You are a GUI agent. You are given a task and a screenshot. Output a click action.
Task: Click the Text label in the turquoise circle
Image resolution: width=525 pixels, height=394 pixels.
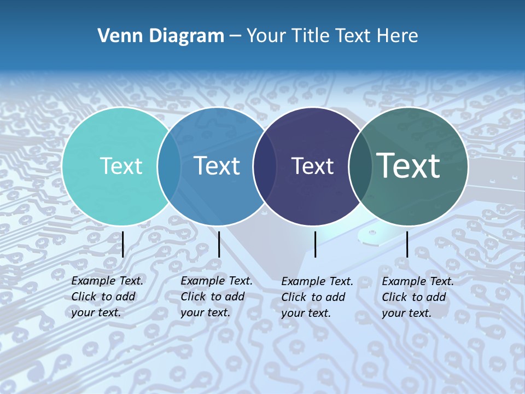click(121, 166)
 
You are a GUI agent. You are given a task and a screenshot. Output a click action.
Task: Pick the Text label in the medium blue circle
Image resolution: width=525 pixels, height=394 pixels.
click(217, 166)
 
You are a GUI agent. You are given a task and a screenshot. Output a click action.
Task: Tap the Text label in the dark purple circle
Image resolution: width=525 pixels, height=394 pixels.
click(312, 166)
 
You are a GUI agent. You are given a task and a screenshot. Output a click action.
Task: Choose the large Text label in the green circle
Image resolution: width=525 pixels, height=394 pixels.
click(409, 165)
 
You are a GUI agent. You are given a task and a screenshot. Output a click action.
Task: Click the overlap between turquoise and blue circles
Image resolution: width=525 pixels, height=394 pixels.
click(169, 166)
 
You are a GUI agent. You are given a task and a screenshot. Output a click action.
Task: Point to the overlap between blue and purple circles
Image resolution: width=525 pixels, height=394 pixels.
click(265, 166)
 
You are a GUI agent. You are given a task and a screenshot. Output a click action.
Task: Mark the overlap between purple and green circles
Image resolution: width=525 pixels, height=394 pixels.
click(360, 166)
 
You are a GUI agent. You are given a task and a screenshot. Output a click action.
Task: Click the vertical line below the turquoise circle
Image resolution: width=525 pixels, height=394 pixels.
click(123, 244)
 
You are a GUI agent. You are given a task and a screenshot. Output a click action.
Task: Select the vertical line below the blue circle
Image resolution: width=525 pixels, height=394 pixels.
click(219, 244)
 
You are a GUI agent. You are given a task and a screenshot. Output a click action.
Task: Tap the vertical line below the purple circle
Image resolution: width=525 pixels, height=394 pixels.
click(315, 244)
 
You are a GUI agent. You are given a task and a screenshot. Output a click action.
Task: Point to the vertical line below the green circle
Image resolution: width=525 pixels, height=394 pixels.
click(407, 244)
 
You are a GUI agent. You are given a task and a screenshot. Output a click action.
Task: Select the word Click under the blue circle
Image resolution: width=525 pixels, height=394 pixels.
click(192, 297)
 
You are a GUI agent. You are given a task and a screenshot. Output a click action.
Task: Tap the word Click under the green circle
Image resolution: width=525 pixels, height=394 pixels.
click(394, 297)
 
